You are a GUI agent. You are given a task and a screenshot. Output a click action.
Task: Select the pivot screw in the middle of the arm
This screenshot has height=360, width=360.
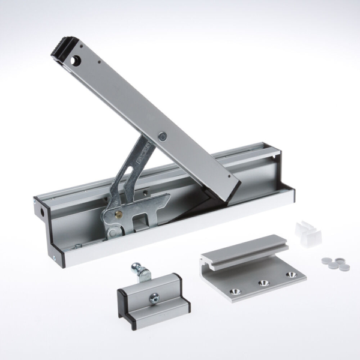(162, 137)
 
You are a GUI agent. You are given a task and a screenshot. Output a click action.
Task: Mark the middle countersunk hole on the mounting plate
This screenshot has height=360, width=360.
(262, 282)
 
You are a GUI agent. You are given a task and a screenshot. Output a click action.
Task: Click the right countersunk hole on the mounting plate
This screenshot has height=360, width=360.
(292, 274)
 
